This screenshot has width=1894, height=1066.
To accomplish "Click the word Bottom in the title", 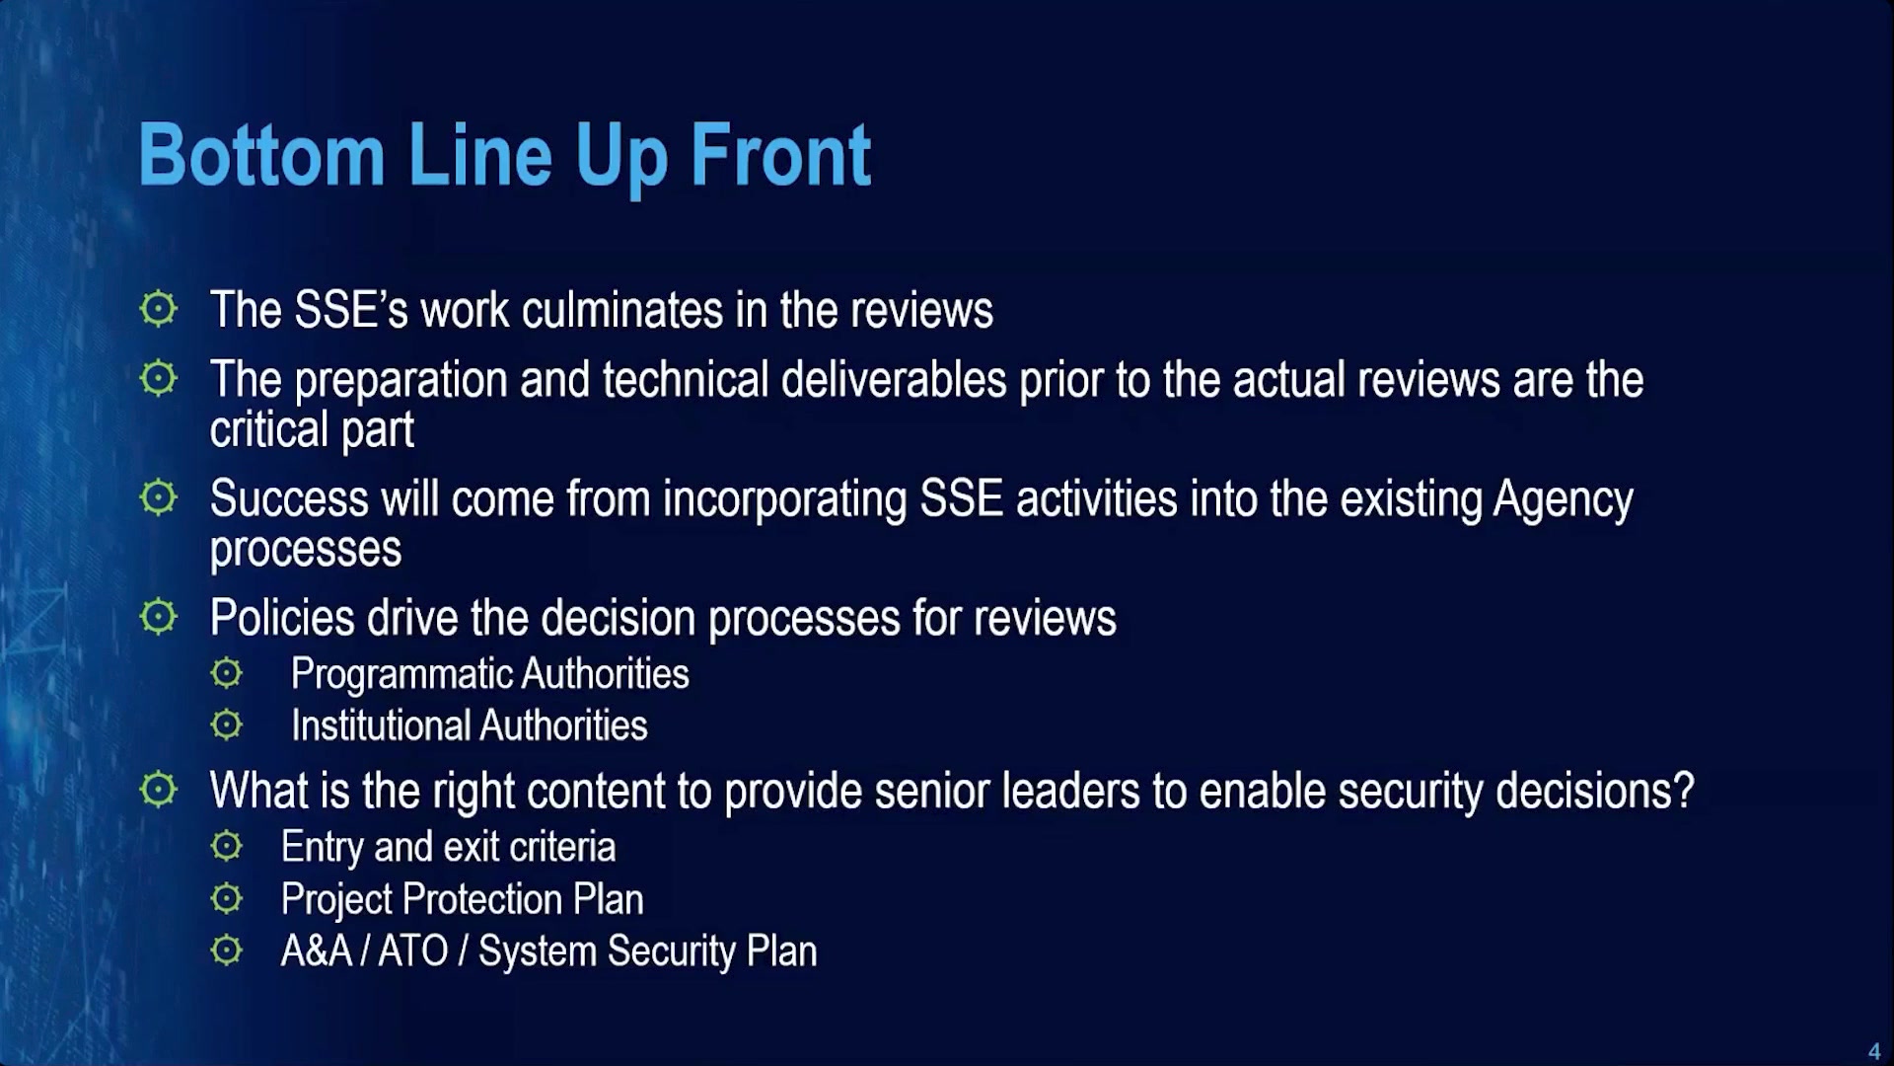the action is [261, 155].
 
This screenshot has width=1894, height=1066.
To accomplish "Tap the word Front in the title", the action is [780, 155].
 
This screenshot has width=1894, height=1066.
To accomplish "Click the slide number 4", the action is [1874, 1051].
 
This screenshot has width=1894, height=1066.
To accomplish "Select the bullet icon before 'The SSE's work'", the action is [158, 309].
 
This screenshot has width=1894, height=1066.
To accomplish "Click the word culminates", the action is [622, 310].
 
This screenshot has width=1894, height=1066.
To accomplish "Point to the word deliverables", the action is [894, 380].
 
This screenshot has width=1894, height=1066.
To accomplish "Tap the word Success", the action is [289, 498].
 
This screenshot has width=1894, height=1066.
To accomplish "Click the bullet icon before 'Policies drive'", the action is [158, 617].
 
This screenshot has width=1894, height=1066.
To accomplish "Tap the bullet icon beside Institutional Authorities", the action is [226, 725].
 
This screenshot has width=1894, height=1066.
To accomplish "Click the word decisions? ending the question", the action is [1594, 791].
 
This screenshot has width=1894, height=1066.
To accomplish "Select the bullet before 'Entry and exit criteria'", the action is [226, 846].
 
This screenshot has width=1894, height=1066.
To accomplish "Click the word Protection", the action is [482, 899].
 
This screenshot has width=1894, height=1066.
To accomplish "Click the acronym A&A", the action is [317, 952].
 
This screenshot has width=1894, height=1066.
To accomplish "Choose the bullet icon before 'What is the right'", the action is [158, 790].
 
